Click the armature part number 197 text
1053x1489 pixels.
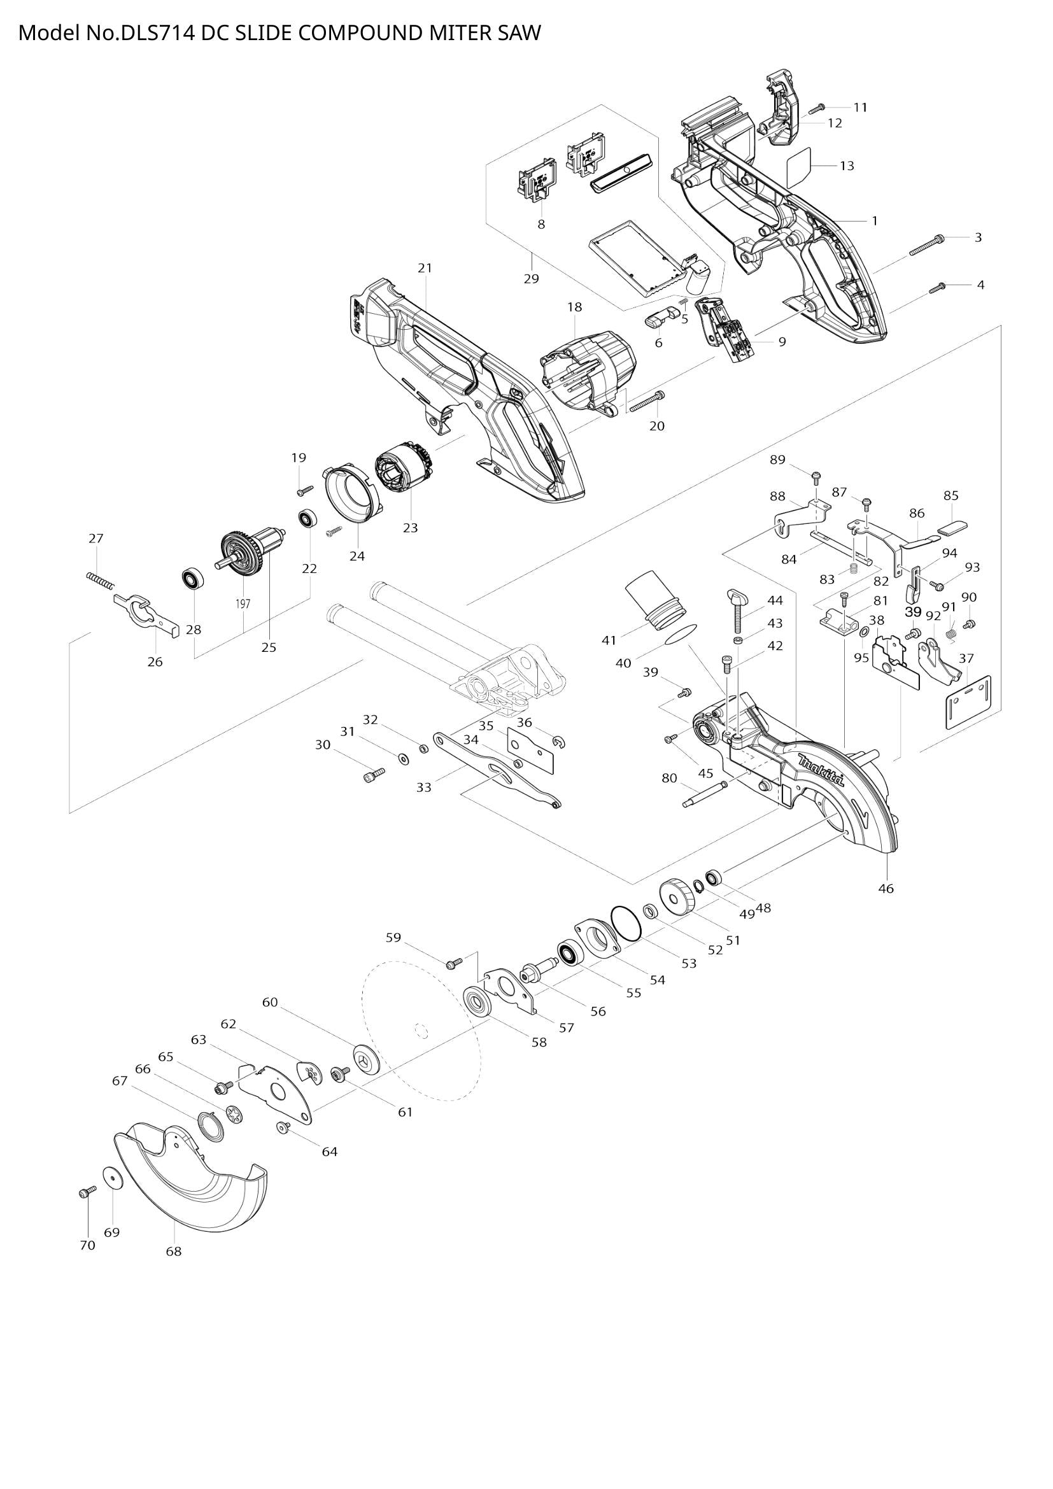[x=243, y=603]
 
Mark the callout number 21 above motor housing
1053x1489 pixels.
[x=425, y=268]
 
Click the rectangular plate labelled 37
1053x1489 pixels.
[x=969, y=702]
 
